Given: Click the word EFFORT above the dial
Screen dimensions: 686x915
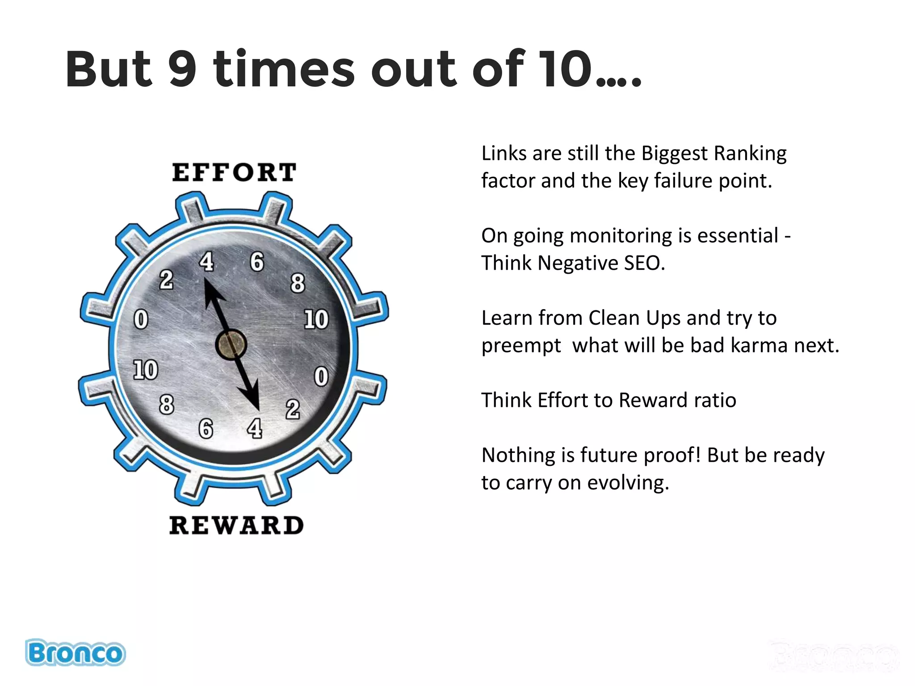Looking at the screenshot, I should point(234,172).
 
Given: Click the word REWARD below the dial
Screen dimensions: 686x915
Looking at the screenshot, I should point(236,525).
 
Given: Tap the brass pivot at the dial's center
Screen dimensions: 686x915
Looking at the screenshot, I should point(231,344).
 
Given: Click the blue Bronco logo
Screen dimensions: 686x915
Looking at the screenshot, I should point(75,653).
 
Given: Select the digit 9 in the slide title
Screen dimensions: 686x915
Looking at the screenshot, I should point(183,69).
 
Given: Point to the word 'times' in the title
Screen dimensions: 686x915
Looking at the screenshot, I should point(284,69).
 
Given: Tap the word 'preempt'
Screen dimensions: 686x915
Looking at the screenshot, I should point(521,346).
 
